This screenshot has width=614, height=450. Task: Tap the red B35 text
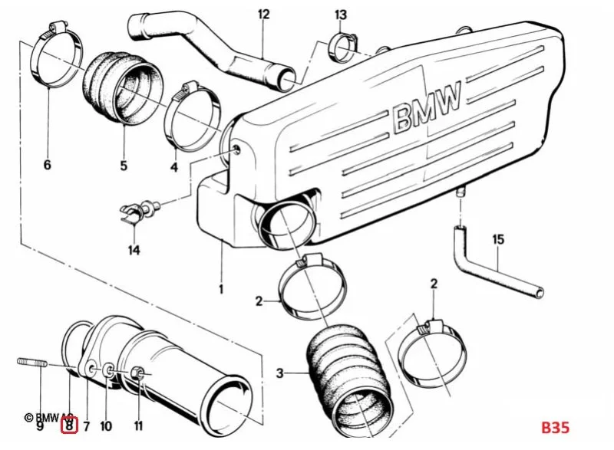click(555, 427)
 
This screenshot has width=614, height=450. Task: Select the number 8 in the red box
click(69, 425)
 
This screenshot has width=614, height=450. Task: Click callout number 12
click(264, 15)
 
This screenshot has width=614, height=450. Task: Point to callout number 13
click(341, 15)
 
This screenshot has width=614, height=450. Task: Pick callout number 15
click(498, 239)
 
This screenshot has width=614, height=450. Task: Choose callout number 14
click(134, 250)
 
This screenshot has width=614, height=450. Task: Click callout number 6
click(47, 165)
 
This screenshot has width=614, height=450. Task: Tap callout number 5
click(124, 166)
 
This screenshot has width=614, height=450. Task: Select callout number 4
click(174, 167)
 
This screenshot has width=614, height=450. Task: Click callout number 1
click(221, 289)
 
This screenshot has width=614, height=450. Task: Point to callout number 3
click(279, 373)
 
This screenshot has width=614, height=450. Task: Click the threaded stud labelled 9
click(32, 363)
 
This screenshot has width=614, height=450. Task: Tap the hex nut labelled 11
click(137, 373)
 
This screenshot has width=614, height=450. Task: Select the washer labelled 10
click(108, 370)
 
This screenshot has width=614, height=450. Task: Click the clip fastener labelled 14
click(140, 210)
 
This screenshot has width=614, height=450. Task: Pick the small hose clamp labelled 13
click(343, 48)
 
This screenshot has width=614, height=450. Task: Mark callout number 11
click(138, 425)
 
